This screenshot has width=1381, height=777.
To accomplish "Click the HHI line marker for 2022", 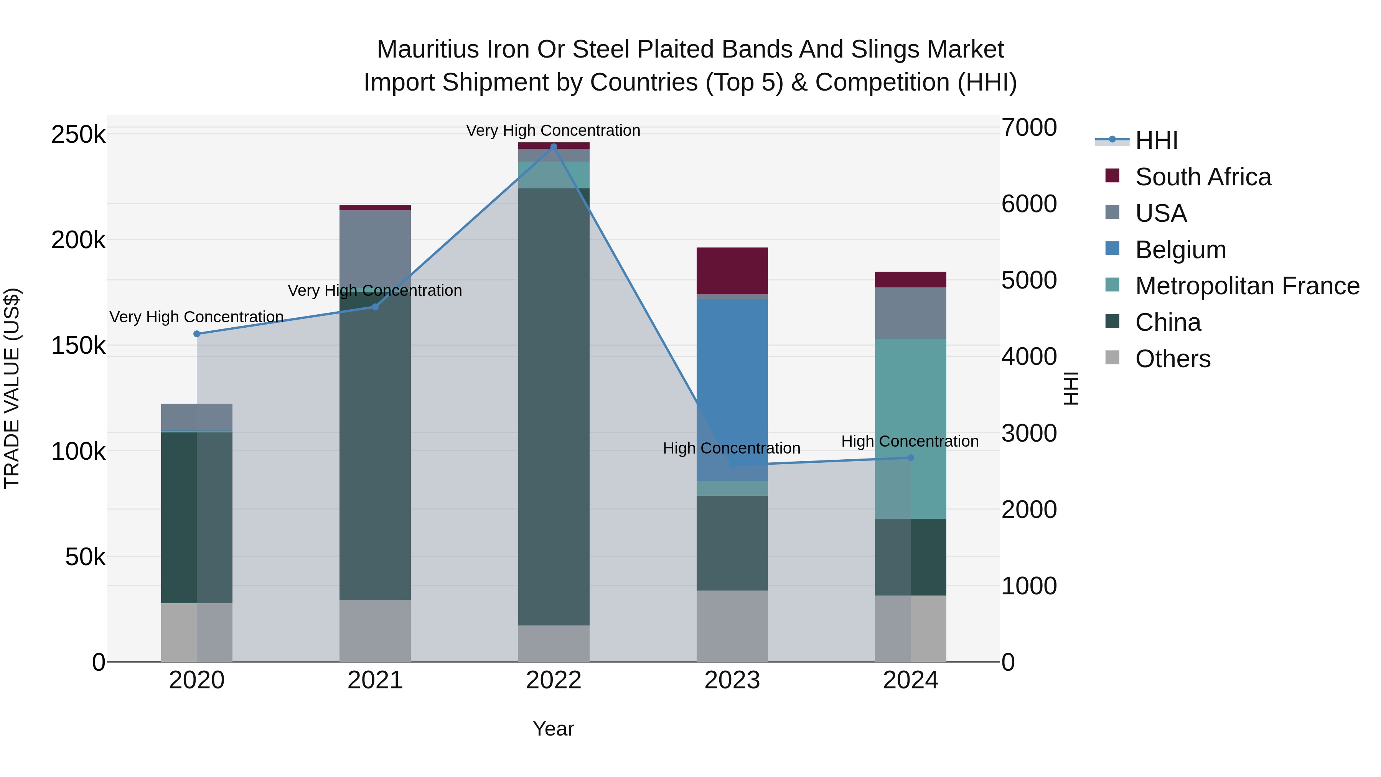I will pyautogui.click(x=554, y=147).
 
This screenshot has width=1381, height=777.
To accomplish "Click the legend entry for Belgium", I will pyautogui.click(x=1180, y=250).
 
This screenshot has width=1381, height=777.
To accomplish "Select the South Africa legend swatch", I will pyautogui.click(x=1112, y=176).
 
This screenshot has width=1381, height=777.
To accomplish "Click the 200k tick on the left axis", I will pyautogui.click(x=78, y=240).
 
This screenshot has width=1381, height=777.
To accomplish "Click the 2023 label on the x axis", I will pyautogui.click(x=732, y=680).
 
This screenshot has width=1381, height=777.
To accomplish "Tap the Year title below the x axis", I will pyautogui.click(x=553, y=729).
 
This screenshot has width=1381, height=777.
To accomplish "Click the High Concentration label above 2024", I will pyautogui.click(x=910, y=441).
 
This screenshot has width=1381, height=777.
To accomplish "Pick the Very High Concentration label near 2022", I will pyautogui.click(x=553, y=130).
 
